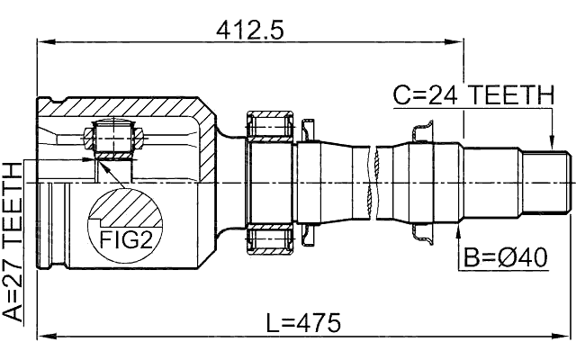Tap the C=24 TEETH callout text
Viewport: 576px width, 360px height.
[470, 94]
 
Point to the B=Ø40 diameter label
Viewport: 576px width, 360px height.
[506, 258]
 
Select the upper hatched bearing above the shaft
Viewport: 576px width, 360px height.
[269, 125]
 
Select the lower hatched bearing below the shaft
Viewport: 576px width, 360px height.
[269, 241]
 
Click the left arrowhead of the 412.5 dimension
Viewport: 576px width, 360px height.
[41, 41]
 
